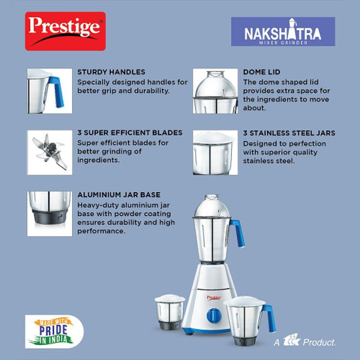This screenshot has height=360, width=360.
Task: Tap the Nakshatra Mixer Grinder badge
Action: [x=283, y=34]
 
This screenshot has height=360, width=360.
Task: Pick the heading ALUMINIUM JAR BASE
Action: [x=118, y=194]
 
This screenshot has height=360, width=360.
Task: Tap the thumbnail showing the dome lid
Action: [x=214, y=90]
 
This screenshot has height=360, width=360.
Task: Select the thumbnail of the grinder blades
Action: [x=48, y=149]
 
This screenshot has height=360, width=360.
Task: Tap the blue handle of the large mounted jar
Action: [x=239, y=234]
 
